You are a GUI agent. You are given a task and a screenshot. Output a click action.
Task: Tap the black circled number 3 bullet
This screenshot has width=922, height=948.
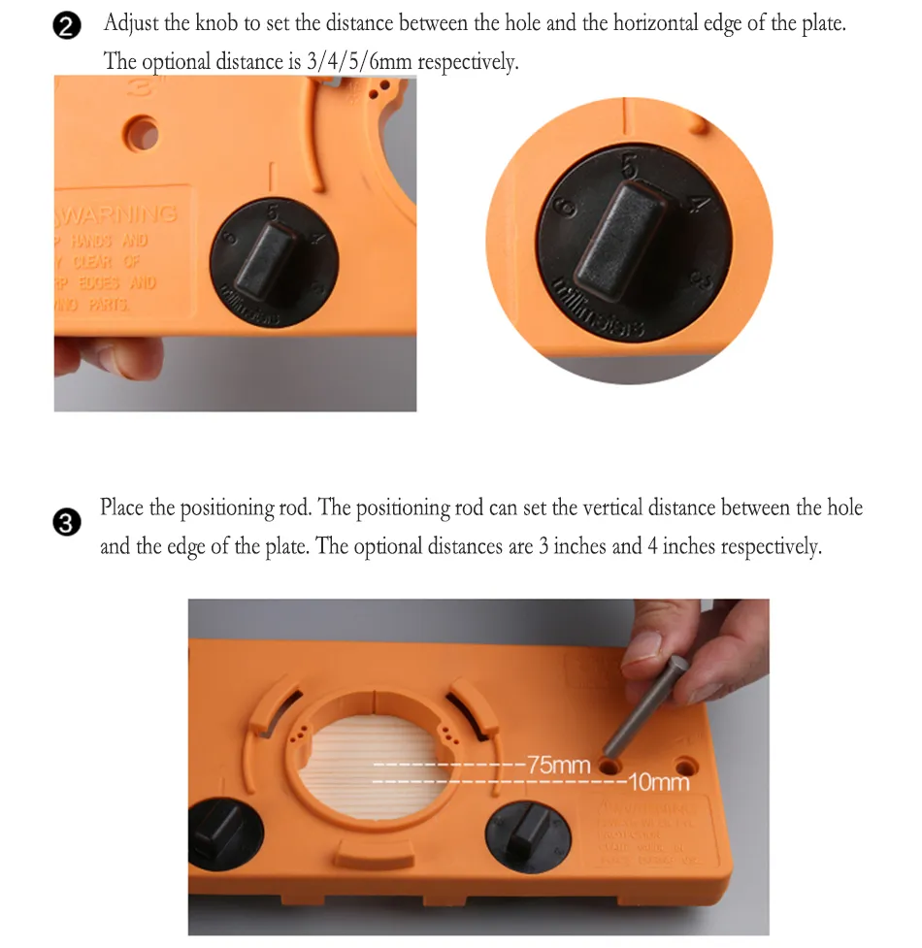tap(66, 524)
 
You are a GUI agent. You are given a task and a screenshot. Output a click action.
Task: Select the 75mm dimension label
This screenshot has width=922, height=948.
tap(558, 765)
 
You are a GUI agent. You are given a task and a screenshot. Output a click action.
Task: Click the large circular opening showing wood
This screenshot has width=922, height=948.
tap(374, 767)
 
